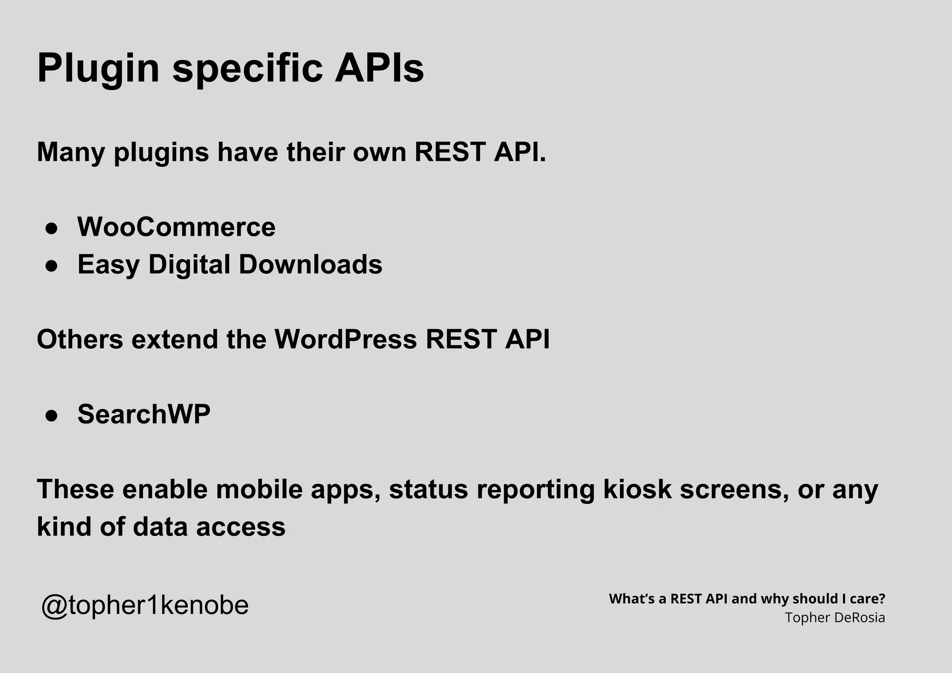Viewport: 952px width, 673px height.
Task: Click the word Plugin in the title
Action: (x=98, y=69)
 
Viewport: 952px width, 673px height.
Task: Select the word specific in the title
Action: (x=247, y=69)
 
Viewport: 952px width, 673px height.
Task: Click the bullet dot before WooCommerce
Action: (x=51, y=228)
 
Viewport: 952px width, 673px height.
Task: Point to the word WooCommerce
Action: (x=176, y=227)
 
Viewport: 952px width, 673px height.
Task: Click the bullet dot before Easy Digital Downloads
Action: (x=51, y=265)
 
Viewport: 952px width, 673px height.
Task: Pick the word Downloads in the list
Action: (x=310, y=264)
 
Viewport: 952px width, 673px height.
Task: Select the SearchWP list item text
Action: (x=144, y=414)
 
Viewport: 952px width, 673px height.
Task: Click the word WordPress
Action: (x=345, y=339)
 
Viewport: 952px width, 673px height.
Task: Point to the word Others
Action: (x=80, y=339)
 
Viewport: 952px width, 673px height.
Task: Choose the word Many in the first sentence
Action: (x=71, y=152)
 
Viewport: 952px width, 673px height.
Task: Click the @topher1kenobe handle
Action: (x=145, y=605)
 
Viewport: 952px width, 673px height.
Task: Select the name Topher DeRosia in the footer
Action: (x=835, y=618)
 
